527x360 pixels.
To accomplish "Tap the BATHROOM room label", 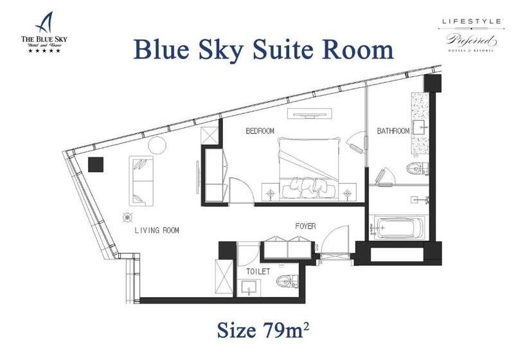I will pos(393,131).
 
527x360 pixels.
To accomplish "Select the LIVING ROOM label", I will pos(157,230).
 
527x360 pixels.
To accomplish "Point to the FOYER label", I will pos(305,226).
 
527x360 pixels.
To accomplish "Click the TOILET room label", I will pos(258,272).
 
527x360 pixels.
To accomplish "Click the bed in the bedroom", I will pos(307,166).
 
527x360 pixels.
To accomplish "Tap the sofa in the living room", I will pos(141,179).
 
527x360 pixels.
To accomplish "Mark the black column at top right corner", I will pos(433,82).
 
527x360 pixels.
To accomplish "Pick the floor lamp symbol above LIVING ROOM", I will pos(127,217).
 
